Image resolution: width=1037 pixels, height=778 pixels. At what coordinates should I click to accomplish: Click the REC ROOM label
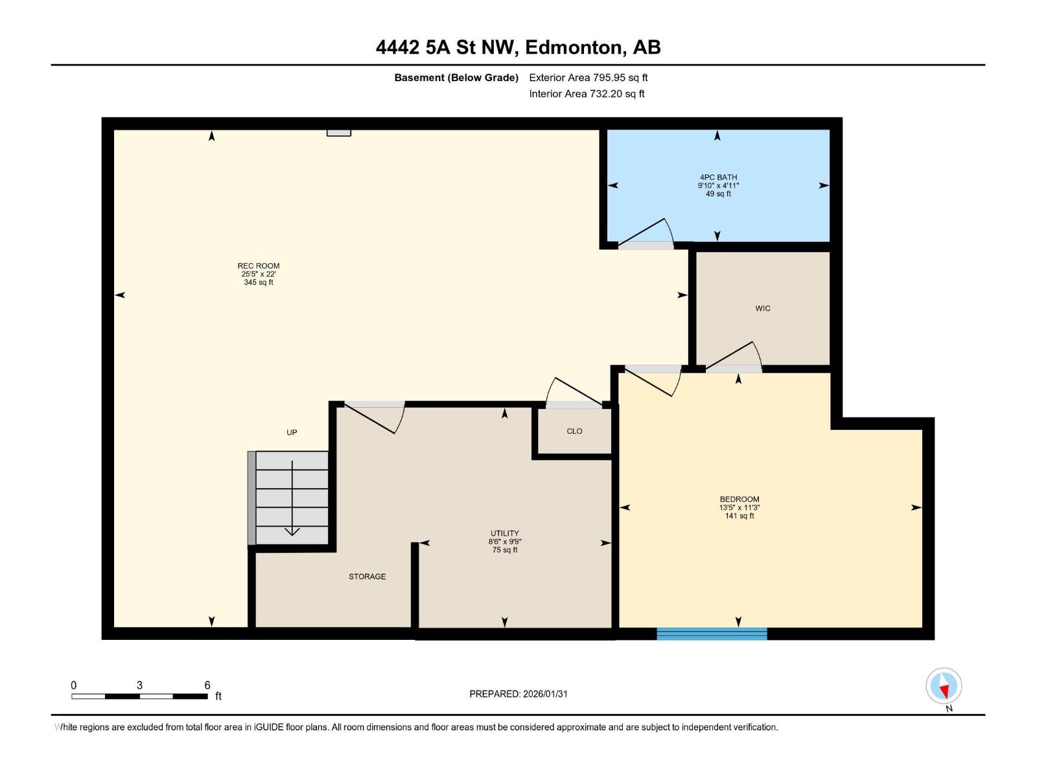pyautogui.click(x=258, y=266)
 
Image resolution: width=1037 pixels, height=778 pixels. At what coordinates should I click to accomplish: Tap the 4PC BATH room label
pyautogui.click(x=718, y=177)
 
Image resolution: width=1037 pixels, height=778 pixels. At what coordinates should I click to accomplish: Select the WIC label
pyautogui.click(x=763, y=309)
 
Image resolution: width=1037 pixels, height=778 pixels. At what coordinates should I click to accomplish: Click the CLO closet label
pyautogui.click(x=574, y=431)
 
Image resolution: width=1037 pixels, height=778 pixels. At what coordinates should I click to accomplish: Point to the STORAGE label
pyautogui.click(x=367, y=576)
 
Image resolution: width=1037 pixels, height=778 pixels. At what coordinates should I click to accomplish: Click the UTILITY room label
pyautogui.click(x=504, y=534)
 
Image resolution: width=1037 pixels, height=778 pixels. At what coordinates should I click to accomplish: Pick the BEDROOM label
pyautogui.click(x=739, y=500)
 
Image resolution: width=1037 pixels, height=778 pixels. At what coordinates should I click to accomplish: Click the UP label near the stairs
pyautogui.click(x=292, y=432)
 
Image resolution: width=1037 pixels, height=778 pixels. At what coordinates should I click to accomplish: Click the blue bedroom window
pyautogui.click(x=712, y=633)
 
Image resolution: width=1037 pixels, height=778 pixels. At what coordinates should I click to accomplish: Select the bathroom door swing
pyautogui.click(x=648, y=233)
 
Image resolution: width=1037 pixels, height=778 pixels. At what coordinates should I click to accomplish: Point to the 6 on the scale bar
pyautogui.click(x=207, y=685)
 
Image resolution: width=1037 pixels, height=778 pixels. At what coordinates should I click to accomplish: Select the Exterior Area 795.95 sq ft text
pyautogui.click(x=588, y=78)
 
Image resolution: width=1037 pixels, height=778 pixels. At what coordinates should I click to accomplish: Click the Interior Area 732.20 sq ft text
pyautogui.click(x=587, y=94)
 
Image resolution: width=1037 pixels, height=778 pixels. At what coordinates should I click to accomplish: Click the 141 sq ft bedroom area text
pyautogui.click(x=739, y=516)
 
